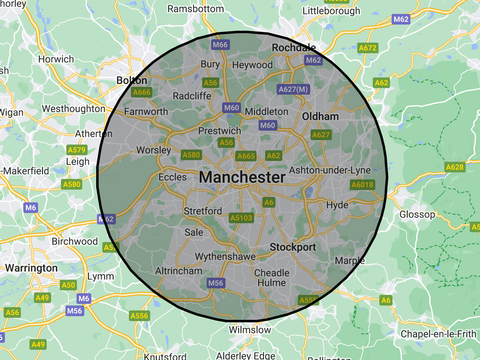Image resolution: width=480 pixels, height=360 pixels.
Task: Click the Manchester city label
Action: [x=243, y=177]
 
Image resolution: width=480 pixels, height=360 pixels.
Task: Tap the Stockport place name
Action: [x=293, y=247]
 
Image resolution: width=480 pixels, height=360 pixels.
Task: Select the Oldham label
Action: [x=320, y=117]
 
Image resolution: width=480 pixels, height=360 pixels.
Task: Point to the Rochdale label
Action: [x=294, y=48]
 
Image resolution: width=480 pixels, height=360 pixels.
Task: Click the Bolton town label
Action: [x=132, y=80]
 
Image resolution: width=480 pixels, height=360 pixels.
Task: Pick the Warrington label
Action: [x=32, y=268]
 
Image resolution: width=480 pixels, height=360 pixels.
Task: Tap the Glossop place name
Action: [x=417, y=215]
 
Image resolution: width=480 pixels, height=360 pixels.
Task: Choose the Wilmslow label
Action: [x=250, y=330]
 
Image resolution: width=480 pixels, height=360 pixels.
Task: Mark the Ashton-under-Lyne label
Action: [x=330, y=170]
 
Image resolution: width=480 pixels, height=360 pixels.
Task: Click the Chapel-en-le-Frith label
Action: [x=438, y=334]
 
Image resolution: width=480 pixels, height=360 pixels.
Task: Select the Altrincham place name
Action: [x=179, y=271]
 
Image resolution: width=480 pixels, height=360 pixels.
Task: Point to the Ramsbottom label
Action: [x=194, y=9]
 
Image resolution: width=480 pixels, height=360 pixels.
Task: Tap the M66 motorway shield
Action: [x=220, y=45]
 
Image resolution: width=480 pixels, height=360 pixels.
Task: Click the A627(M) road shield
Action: [x=293, y=89]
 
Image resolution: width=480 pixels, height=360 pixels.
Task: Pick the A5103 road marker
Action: [x=241, y=218]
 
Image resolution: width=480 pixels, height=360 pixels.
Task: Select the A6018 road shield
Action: [x=362, y=185]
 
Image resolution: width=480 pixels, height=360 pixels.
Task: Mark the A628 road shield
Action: [x=455, y=167]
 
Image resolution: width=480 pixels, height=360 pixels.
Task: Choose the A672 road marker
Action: [x=367, y=48]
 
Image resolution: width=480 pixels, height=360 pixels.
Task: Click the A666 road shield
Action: [x=142, y=92]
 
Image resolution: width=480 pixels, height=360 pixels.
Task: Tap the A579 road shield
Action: [x=77, y=150]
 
